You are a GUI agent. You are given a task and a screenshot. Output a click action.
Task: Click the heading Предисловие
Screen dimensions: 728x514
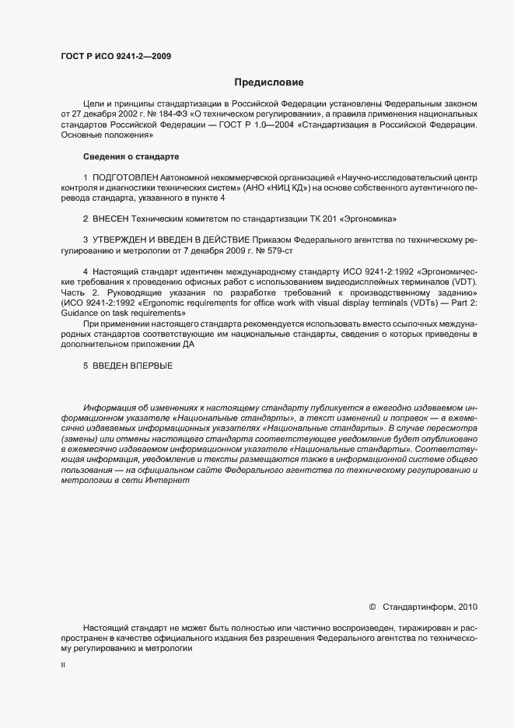point(268,82)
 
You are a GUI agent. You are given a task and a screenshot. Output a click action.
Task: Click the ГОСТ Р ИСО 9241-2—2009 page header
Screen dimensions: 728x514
point(116,56)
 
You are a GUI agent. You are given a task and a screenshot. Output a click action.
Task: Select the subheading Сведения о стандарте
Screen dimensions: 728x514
point(131,157)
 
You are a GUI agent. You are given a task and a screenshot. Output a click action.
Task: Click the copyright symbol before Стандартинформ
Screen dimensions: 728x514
point(372,607)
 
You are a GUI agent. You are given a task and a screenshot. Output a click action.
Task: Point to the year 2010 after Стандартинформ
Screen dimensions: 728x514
point(469,607)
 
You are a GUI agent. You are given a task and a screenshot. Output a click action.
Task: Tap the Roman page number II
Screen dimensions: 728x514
point(63,666)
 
